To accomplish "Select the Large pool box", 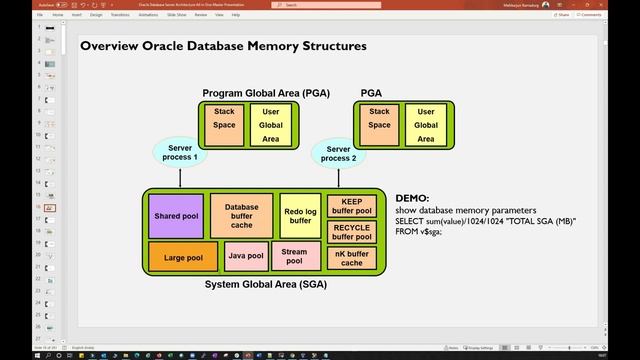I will pyautogui.click(x=176, y=257).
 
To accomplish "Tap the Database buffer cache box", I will pyautogui.click(x=241, y=215).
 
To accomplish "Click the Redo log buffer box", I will pyautogui.click(x=299, y=215).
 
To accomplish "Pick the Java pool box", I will pyautogui.click(x=245, y=257).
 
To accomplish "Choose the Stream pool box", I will pyautogui.click(x=294, y=257).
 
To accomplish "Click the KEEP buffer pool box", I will pyautogui.click(x=351, y=206).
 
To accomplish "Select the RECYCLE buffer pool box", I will pyautogui.click(x=351, y=233).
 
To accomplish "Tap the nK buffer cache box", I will pyautogui.click(x=351, y=259).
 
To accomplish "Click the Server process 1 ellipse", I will pyautogui.click(x=180, y=152).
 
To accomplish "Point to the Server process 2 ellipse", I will pyautogui.click(x=338, y=152).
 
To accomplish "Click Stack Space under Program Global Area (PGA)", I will pyautogui.click(x=223, y=125).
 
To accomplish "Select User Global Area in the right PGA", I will pyautogui.click(x=426, y=125).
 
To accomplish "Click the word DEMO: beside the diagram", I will pyautogui.click(x=412, y=199).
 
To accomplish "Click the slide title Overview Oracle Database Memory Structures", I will pyautogui.click(x=222, y=46).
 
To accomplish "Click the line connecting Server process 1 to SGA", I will pyautogui.click(x=180, y=177).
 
